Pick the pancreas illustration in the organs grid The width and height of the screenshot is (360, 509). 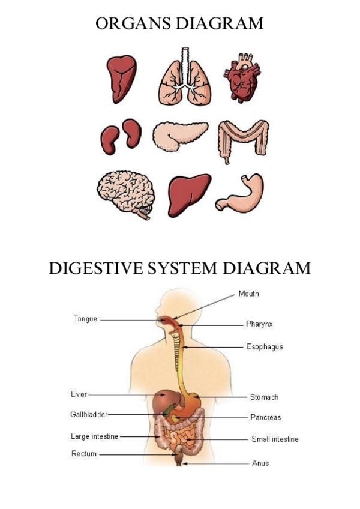tap(179, 135)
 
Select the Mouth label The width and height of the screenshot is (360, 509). tap(248, 294)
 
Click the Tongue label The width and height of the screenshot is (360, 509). tap(85, 319)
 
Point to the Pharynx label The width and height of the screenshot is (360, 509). tap(259, 324)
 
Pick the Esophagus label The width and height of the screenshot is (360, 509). tap(265, 347)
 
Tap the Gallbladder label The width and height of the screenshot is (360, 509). tap(88, 414)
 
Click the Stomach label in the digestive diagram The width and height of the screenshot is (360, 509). tap(264, 397)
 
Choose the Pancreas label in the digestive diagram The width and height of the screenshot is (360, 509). tap(265, 417)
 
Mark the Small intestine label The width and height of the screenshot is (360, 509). tap(275, 439)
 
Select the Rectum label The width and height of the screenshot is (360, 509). tap(84, 454)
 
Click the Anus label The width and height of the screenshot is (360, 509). tap(260, 463)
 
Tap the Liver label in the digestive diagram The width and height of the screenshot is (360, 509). tap(79, 394)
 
